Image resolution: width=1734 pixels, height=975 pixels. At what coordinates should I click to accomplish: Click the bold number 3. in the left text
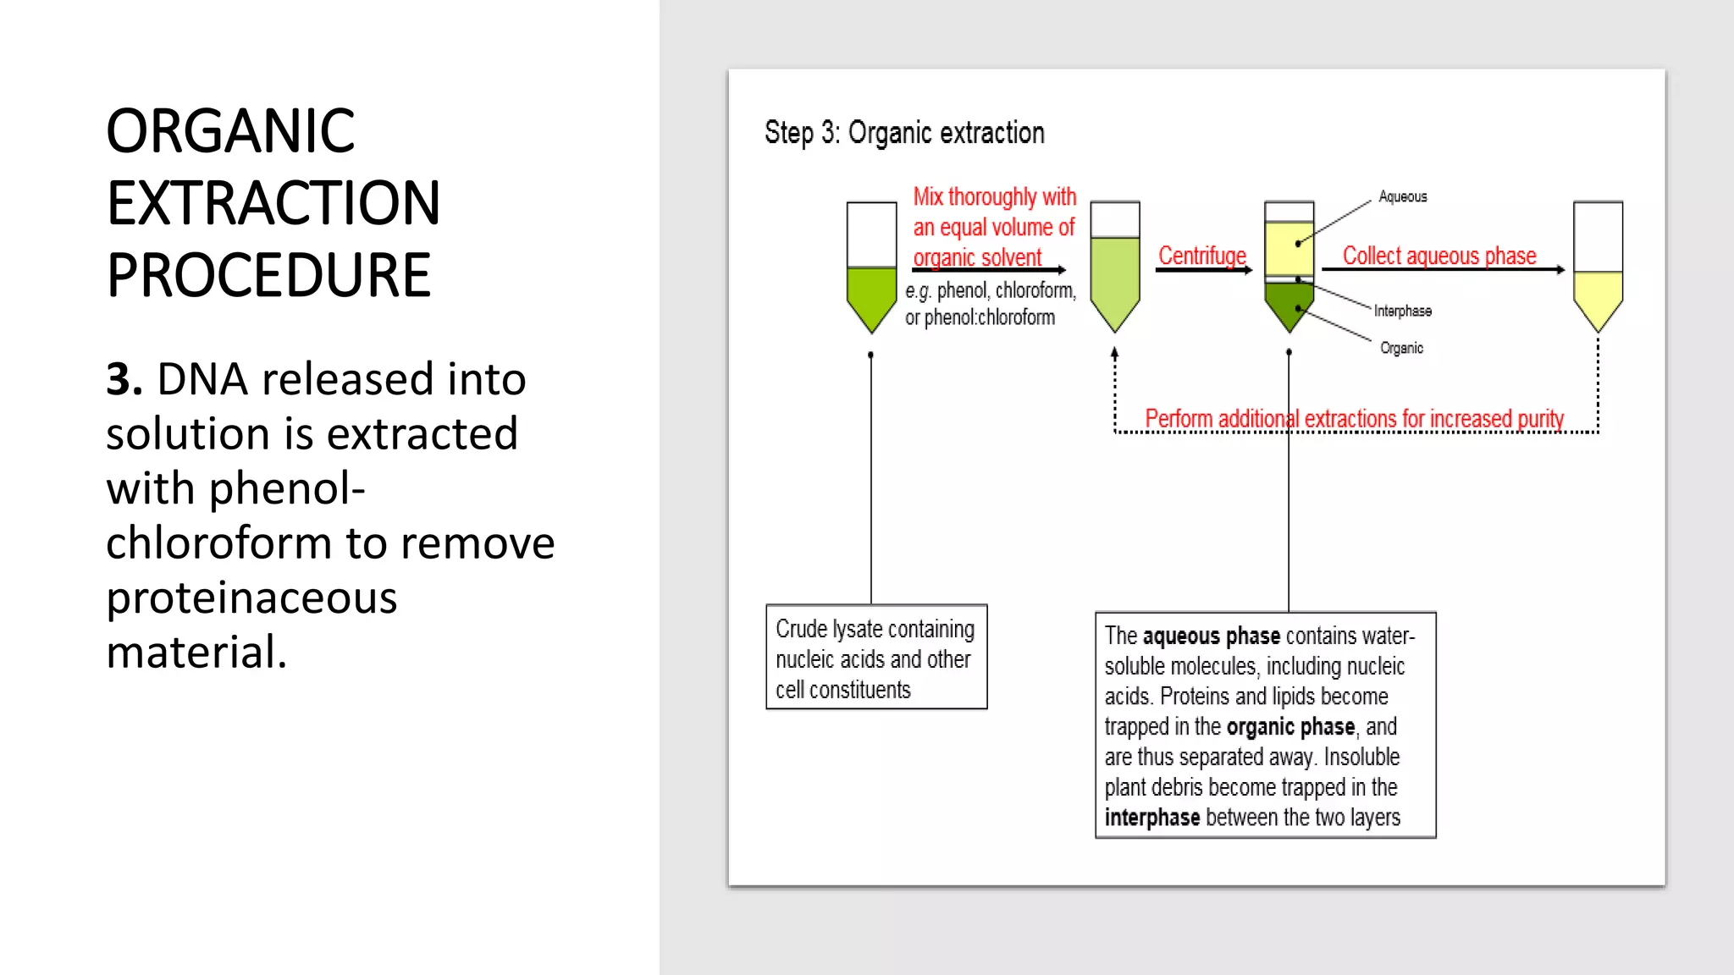pos(124,378)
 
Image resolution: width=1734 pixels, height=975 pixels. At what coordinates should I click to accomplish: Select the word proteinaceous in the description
pos(251,598)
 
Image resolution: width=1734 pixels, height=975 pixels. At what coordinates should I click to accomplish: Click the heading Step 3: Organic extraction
pos(903,133)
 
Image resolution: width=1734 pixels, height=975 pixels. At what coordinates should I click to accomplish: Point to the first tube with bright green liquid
pos(871,292)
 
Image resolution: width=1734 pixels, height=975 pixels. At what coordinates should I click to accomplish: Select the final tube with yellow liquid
pos(1598,292)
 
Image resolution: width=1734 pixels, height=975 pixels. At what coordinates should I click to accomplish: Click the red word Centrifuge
pos(1201,256)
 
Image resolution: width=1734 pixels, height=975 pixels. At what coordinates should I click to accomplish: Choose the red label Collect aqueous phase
pos(1439,256)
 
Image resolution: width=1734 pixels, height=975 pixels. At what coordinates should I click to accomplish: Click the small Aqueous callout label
pos(1402,197)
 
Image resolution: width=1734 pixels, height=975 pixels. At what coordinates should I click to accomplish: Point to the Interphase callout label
pos(1402,311)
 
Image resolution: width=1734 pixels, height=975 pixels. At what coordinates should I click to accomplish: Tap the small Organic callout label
pos(1401,348)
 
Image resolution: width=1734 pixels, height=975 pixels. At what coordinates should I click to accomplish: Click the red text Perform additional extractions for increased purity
pos(1353,419)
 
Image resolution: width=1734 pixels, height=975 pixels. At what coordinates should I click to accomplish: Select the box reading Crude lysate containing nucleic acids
pos(876,658)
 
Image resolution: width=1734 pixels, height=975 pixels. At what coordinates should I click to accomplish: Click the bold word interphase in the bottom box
pos(1151,818)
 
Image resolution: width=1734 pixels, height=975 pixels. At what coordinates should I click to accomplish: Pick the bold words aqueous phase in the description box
pos(1211,636)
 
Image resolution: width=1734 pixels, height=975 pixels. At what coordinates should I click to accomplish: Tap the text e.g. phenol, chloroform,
pos(990,291)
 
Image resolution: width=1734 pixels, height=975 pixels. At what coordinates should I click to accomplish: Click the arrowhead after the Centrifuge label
pos(1248,270)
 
